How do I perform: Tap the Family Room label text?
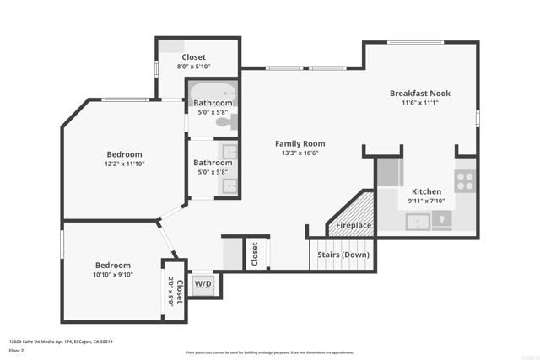300,143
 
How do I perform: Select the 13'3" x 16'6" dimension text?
300,153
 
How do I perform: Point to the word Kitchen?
425,191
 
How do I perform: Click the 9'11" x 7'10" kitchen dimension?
425,201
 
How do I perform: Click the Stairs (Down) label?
343,254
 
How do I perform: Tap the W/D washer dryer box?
203,283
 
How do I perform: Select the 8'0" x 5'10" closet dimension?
193,67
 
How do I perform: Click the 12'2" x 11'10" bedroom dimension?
124,164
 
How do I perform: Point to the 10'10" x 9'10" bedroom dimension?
112,274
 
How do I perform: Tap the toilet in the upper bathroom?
224,123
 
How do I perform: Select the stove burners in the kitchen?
465,180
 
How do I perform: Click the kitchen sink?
417,222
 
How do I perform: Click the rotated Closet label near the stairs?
254,255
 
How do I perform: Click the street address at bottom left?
61,341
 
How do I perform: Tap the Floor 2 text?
17,350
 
